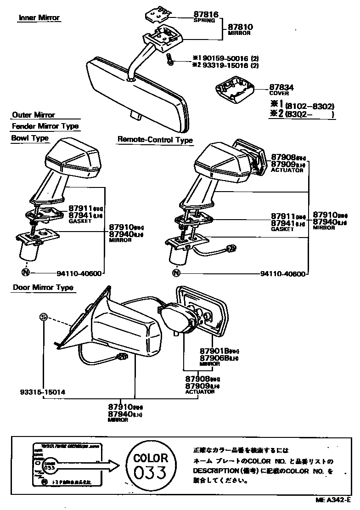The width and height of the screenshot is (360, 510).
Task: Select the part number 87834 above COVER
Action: coord(281,87)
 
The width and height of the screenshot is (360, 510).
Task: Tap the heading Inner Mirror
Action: coord(39,18)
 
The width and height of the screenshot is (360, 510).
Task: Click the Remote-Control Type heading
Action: coord(155,140)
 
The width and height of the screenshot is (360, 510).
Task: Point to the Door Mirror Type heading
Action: coord(42,288)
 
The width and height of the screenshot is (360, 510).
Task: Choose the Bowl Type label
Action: coord(30,138)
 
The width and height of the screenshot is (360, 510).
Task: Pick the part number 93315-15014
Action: coord(43,392)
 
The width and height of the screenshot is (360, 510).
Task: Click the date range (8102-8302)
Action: coord(309,105)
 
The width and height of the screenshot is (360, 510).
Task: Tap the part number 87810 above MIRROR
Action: coord(241,28)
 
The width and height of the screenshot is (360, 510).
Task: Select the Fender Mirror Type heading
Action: coord(45,126)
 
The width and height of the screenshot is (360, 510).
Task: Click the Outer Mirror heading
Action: coord(34,115)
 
